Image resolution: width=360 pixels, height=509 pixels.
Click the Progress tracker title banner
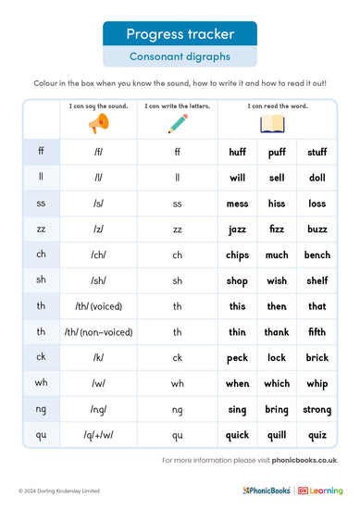point(180,34)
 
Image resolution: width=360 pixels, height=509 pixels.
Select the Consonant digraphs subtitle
point(180,56)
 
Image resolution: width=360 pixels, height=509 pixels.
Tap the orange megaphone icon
point(98,124)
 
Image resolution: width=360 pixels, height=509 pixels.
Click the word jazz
point(238,229)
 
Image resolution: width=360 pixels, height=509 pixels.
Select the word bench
point(317,254)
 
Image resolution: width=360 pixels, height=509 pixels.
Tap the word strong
point(317,410)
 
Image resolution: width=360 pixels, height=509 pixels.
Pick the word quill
point(278,436)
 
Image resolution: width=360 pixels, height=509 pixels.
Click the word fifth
point(317,332)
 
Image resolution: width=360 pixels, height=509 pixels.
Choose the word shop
point(238,280)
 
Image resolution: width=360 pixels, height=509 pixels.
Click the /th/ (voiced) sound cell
point(98,306)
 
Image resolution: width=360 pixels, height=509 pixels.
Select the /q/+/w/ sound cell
point(98,436)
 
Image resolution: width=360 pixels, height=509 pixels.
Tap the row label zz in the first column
point(41,229)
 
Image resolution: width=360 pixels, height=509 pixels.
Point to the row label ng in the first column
point(41,410)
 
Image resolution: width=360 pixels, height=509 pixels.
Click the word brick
point(317,358)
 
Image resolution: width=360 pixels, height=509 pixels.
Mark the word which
point(278,384)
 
